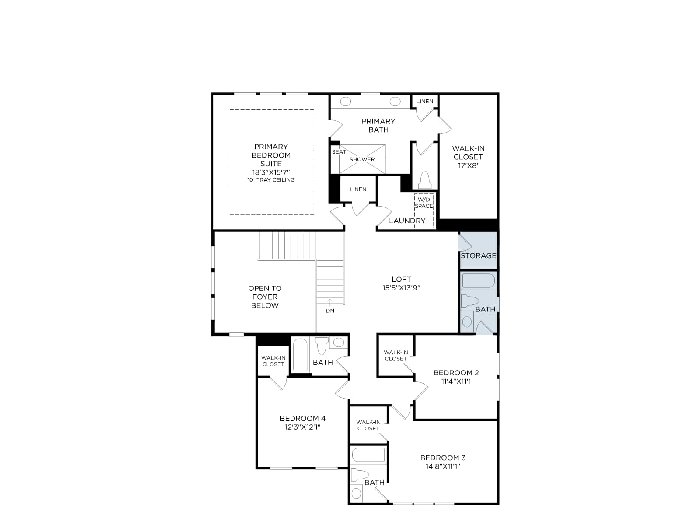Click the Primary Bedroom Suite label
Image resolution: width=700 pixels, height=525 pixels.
pyautogui.click(x=271, y=155)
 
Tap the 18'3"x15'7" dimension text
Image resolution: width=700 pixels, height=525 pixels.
pyautogui.click(x=271, y=172)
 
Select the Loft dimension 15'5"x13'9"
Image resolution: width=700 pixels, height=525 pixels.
pyautogui.click(x=401, y=288)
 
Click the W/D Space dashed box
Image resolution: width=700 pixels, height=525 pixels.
pyautogui.click(x=424, y=211)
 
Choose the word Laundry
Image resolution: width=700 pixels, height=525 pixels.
pyautogui.click(x=407, y=220)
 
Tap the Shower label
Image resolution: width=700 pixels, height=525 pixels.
pyautogui.click(x=362, y=159)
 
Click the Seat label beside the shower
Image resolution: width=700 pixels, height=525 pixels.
pyautogui.click(x=339, y=152)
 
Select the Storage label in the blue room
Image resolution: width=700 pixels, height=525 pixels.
pyautogui.click(x=478, y=255)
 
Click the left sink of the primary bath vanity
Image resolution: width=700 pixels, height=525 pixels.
pyautogui.click(x=345, y=101)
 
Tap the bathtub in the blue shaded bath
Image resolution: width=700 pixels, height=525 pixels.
pyautogui.click(x=478, y=280)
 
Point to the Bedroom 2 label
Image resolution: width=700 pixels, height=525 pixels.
pyautogui.click(x=456, y=373)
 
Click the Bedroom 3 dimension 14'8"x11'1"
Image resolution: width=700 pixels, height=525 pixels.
pyautogui.click(x=443, y=466)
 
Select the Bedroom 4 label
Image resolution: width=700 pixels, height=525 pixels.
pyautogui.click(x=302, y=418)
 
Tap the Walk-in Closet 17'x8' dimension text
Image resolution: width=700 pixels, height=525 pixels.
pyautogui.click(x=468, y=165)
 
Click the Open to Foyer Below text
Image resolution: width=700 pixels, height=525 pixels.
pyautogui.click(x=265, y=297)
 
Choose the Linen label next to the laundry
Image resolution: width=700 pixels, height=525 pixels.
pyautogui.click(x=358, y=189)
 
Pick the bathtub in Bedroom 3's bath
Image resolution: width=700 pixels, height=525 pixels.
pyautogui.click(x=368, y=455)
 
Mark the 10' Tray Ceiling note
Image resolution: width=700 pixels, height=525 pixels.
pyautogui.click(x=271, y=180)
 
